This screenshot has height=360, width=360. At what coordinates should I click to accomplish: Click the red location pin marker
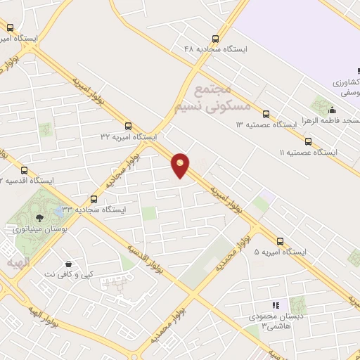pos(181,165)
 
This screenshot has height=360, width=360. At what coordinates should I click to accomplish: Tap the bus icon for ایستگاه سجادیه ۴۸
pos(214,39)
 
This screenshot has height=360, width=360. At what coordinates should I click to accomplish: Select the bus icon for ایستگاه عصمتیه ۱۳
pos(266,114)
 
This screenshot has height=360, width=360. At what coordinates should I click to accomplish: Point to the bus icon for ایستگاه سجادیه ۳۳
pos(94,199)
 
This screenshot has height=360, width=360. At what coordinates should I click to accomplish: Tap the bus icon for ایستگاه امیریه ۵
pos(281,241)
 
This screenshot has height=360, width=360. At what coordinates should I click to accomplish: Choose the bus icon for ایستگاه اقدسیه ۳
pos(25,170)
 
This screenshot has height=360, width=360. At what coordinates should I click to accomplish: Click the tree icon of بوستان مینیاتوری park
pos(39,217)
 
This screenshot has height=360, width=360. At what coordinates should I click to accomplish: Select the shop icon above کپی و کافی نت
pos(68,263)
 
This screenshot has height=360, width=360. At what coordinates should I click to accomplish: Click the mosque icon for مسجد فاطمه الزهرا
pos(331,110)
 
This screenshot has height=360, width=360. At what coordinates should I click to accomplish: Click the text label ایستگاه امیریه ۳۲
pos(129,136)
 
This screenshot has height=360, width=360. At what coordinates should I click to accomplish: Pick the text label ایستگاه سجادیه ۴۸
pos(215,49)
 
